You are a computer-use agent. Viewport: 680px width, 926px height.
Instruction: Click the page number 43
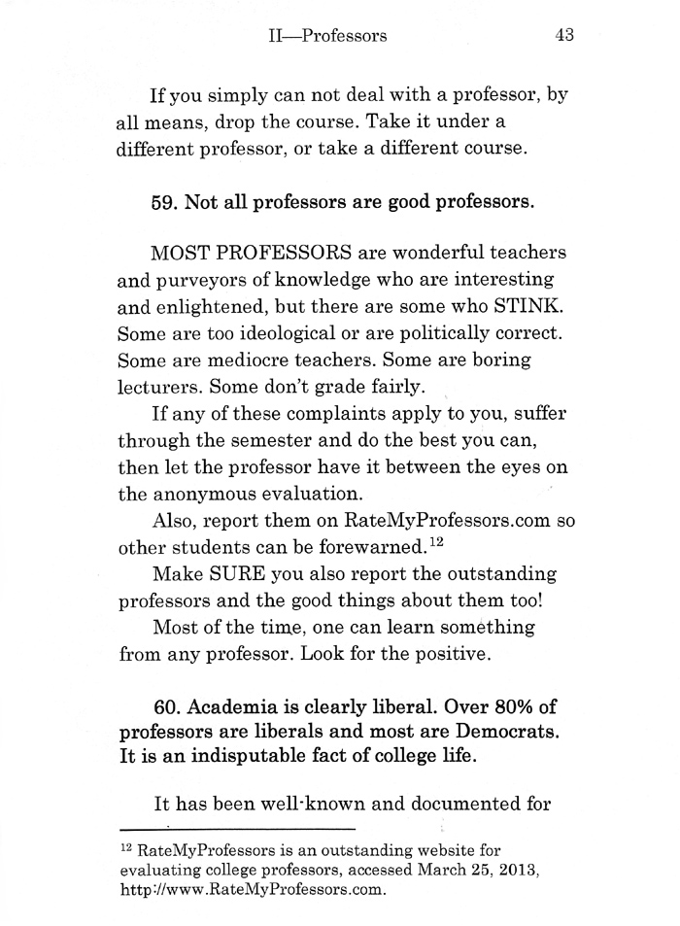click(565, 36)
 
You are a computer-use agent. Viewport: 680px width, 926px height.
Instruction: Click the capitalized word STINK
click(528, 306)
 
